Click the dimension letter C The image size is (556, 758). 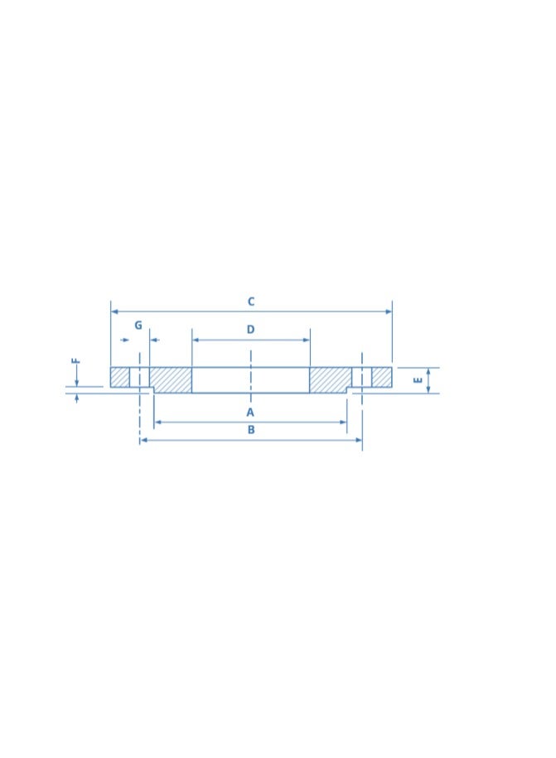tap(250, 302)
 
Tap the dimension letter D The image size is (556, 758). tap(250, 330)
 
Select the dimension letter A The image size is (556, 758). tap(250, 413)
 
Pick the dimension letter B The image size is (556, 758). tap(250, 430)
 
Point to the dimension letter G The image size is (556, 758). tap(138, 326)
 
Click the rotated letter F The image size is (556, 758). tap(75, 361)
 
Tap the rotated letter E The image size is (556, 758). tap(418, 380)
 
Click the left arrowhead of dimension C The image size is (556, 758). tap(114, 311)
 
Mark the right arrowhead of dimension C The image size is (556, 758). tap(389, 311)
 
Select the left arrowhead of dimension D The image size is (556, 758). tap(196, 340)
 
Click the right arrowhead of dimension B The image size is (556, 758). tap(359, 440)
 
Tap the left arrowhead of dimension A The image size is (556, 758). tap(157, 422)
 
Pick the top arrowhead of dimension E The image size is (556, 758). tap(428, 371)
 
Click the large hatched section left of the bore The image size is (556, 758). tap(171, 380)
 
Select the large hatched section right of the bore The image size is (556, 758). tap(330, 380)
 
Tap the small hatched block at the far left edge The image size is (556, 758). tap(120, 377)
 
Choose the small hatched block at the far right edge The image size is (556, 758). tap(381, 377)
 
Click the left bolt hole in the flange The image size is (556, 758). tap(139, 377)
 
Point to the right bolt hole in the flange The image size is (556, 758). tap(361, 377)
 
